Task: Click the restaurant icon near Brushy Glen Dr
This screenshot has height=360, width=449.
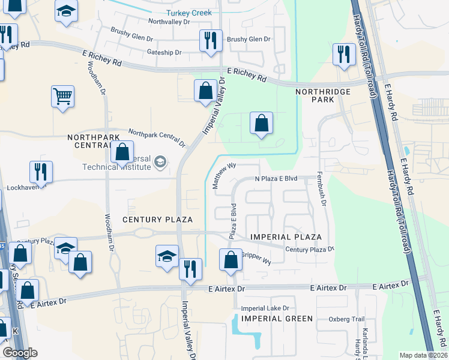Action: [x=211, y=41]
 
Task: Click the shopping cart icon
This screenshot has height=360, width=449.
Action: [x=62, y=96]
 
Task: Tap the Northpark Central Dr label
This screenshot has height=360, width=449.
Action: [x=157, y=137]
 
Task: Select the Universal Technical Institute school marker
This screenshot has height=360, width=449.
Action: [x=160, y=162]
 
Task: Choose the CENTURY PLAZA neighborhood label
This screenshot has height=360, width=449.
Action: [x=157, y=220]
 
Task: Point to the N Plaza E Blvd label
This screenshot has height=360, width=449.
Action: [x=276, y=179]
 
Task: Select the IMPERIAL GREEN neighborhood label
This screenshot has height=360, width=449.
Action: [x=277, y=319]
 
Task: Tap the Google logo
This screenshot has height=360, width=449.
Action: [x=20, y=353]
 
